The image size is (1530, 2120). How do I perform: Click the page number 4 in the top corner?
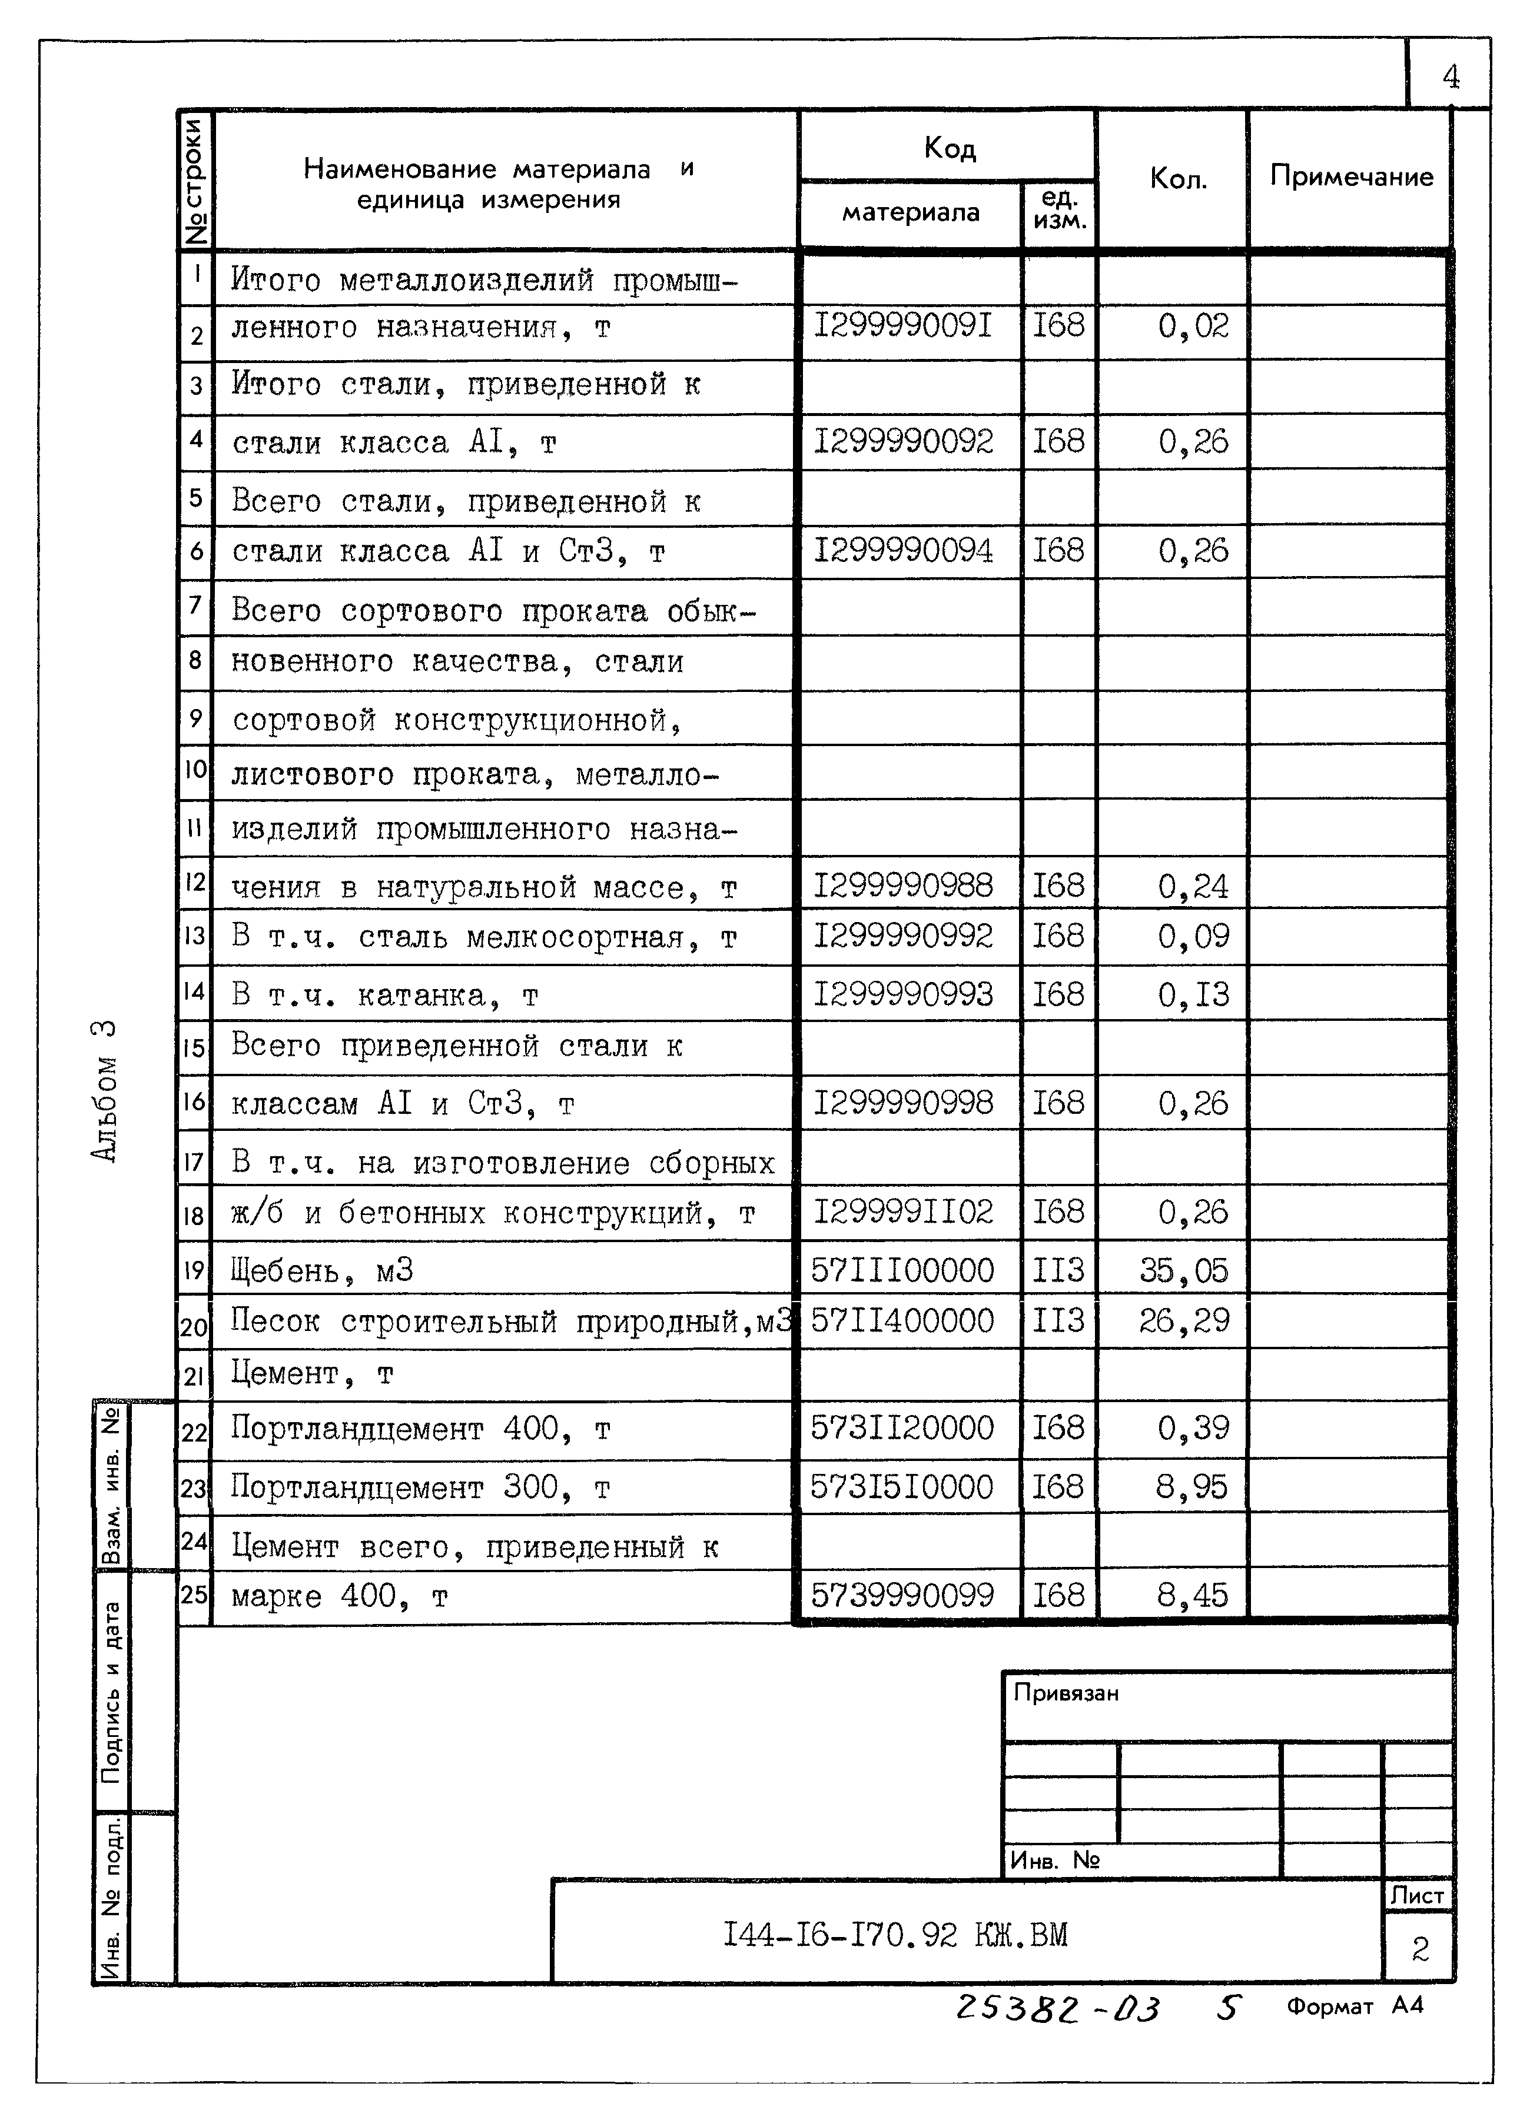[x=1449, y=76]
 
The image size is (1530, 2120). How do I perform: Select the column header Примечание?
[x=1350, y=176]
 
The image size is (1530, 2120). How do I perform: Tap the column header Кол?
[x=1177, y=178]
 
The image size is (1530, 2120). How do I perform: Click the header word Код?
[x=948, y=148]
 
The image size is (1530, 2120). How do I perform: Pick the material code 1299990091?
[x=902, y=325]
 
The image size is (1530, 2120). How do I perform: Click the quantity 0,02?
[x=1193, y=325]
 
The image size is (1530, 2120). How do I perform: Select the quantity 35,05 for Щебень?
[x=1183, y=1269]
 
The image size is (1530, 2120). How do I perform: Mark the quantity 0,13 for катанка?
[x=1193, y=994]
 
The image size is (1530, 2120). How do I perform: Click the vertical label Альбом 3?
[x=105, y=1090]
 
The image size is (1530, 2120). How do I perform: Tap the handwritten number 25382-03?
[x=1057, y=2008]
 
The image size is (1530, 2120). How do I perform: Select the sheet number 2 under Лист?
[x=1420, y=1949]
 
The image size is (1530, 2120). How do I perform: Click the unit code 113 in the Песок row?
[x=1058, y=1321]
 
